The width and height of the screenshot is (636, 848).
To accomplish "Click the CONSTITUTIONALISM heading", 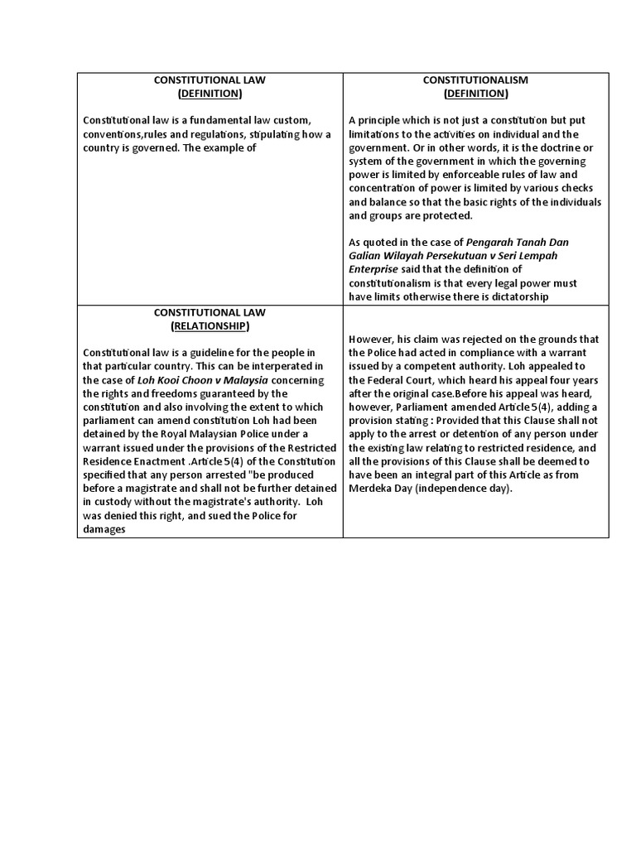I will [475, 80].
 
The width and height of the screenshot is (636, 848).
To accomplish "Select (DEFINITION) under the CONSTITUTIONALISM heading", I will [475, 94].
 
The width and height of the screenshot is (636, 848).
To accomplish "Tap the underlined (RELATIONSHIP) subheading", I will [210, 325].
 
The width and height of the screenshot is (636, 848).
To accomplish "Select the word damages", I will [104, 529].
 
